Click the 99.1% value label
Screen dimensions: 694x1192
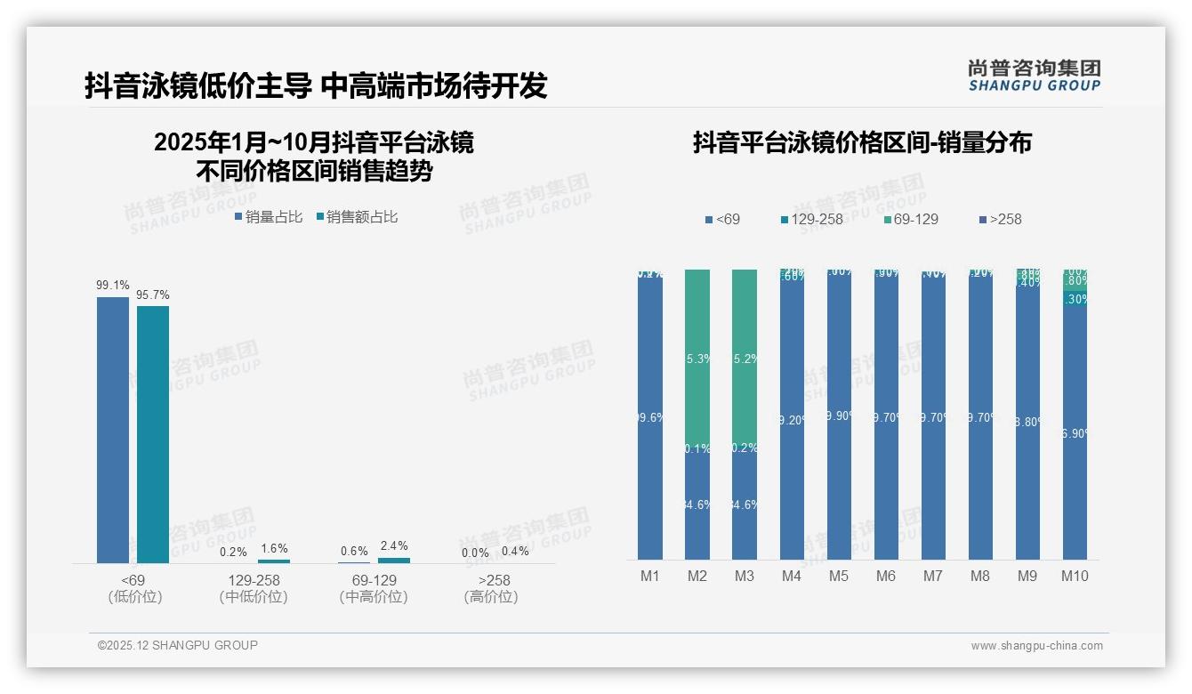pyautogui.click(x=113, y=286)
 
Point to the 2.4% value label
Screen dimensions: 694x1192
pyautogui.click(x=394, y=545)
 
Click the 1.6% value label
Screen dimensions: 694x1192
pyautogui.click(x=274, y=548)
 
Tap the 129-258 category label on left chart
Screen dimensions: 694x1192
pyautogui.click(x=254, y=580)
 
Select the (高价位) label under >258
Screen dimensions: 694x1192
pyautogui.click(x=491, y=597)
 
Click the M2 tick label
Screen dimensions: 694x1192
pyautogui.click(x=697, y=577)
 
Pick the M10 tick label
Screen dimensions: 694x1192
pyautogui.click(x=1075, y=577)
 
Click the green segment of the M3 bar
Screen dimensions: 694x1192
pyautogui.click(x=745, y=356)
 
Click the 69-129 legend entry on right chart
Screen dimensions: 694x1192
pyautogui.click(x=912, y=219)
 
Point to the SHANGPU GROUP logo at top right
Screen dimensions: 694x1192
pyautogui.click(x=1034, y=76)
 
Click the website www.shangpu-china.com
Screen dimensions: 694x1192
pyautogui.click(x=1036, y=646)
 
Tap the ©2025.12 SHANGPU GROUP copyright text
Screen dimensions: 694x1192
pyautogui.click(x=178, y=646)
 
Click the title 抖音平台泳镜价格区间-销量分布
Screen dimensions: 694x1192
pyautogui.click(x=862, y=143)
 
